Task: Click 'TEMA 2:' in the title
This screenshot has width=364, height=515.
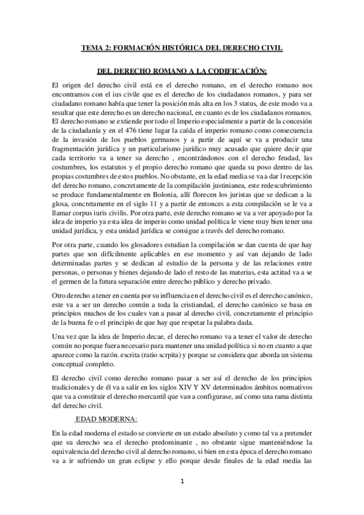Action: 99,46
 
